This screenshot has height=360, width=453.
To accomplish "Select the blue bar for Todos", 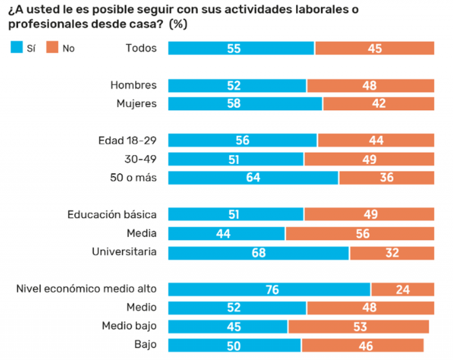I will [x=241, y=48].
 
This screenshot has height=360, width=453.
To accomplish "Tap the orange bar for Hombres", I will [x=370, y=85].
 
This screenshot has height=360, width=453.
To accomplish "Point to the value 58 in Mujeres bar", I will [x=234, y=104].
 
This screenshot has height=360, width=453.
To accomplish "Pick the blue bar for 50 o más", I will [x=253, y=178].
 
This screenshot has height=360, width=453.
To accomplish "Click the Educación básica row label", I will [x=112, y=215].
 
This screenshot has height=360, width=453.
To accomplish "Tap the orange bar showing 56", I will [x=360, y=233].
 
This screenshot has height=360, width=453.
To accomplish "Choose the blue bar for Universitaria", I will [x=259, y=252].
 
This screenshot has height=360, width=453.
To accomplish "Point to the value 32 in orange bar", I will [x=392, y=252].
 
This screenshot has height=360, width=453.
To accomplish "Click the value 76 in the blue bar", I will [x=272, y=289].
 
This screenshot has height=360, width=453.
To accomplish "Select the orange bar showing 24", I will [x=403, y=289].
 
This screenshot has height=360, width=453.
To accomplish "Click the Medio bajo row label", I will [x=129, y=326].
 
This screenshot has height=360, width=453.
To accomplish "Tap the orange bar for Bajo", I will [x=362, y=345].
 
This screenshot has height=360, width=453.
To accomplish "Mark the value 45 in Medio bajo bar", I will [x=233, y=327].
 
